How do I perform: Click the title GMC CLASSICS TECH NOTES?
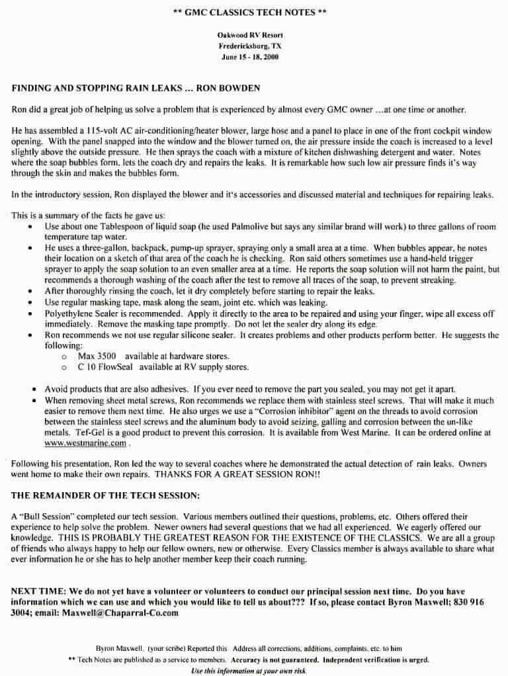coord(253,13)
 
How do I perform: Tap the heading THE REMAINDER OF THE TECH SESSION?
coord(106,495)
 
